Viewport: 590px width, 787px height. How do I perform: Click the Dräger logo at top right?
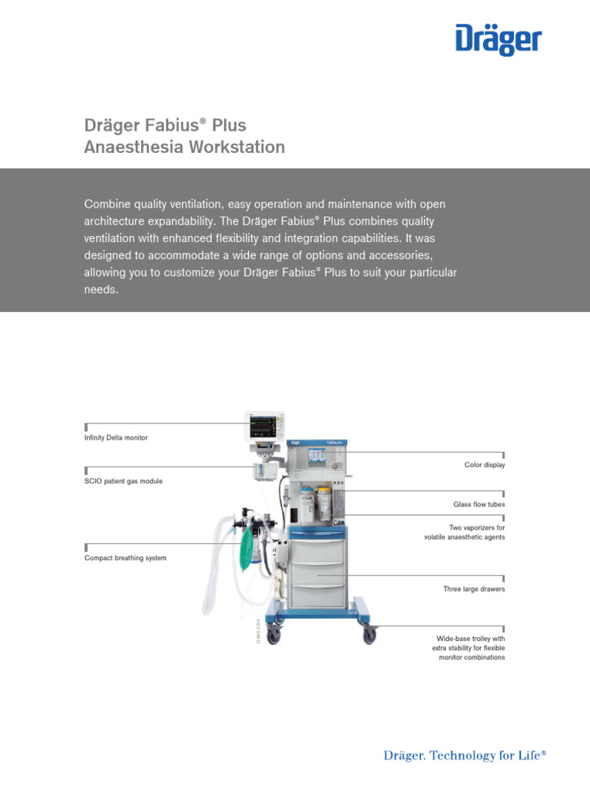click(499, 40)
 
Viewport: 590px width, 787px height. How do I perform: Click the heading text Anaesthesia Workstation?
click(184, 147)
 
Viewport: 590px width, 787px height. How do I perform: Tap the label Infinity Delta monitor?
click(116, 437)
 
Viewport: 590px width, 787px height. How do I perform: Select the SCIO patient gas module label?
click(123, 481)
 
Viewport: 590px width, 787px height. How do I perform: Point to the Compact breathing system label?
click(125, 558)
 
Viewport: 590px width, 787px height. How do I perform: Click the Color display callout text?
click(485, 465)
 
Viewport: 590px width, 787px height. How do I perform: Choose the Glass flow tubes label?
click(479, 505)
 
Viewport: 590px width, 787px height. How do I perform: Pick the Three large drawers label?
click(474, 589)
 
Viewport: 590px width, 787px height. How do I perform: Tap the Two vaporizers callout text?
click(465, 533)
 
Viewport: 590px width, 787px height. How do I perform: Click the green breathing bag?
click(248, 547)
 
